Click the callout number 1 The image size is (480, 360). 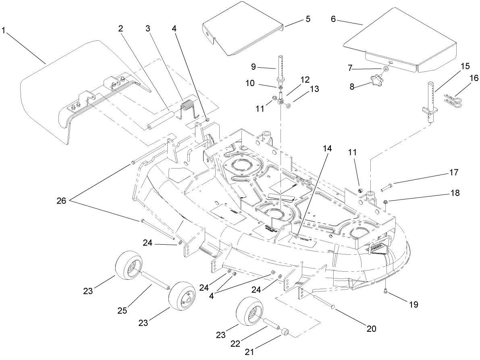click(x=4, y=31)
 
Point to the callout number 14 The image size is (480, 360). click(x=327, y=148)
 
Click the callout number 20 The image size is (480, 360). click(x=371, y=329)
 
